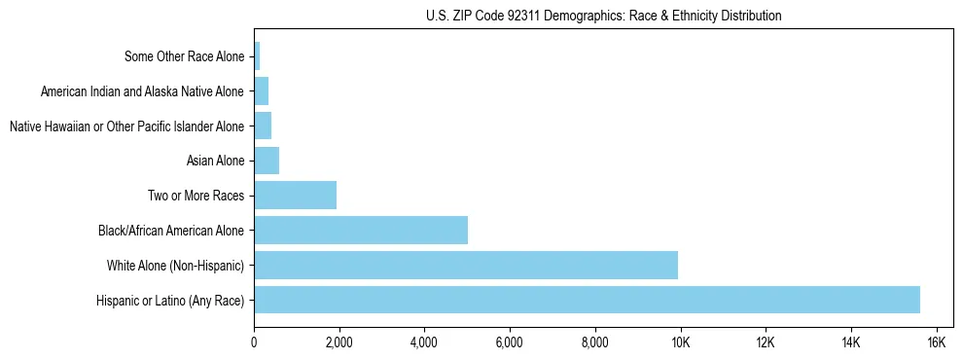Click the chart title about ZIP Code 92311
coord(603,16)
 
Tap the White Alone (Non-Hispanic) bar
coord(466,265)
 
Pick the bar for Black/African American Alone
coord(361,230)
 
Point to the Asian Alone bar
coord(267,161)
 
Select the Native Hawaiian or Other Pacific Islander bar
coord(263,126)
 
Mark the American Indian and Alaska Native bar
coord(261,91)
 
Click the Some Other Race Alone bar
coord(257,56)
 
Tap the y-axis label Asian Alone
coord(215,161)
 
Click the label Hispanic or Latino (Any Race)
coord(170,300)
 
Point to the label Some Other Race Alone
coord(185,56)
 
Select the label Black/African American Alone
coord(171,231)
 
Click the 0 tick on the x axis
coord(254,342)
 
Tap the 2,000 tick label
coord(339,342)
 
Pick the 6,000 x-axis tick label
coord(510,342)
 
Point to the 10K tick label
coord(680,342)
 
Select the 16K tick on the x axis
coord(936,342)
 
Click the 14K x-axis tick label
coord(850,342)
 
